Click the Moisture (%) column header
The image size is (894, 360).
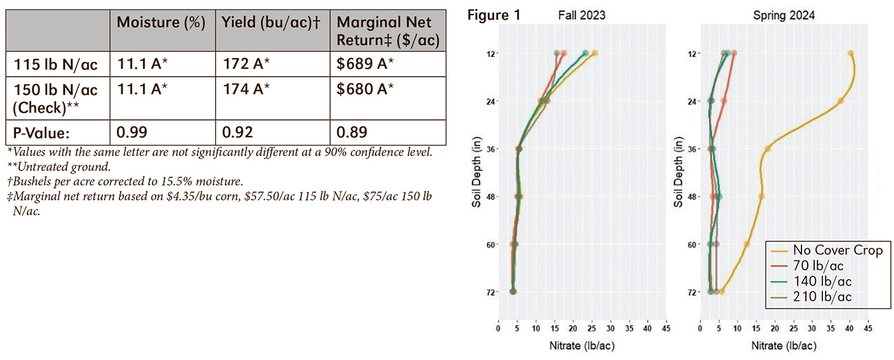(x=161, y=22)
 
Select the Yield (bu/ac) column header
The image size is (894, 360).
(x=270, y=22)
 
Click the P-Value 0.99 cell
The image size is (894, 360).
(x=132, y=132)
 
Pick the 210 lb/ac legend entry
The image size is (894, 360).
(x=822, y=297)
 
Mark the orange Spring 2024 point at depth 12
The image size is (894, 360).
(x=850, y=54)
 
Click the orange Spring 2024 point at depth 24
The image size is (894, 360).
(x=840, y=101)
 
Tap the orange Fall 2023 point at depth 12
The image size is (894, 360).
(x=595, y=54)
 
